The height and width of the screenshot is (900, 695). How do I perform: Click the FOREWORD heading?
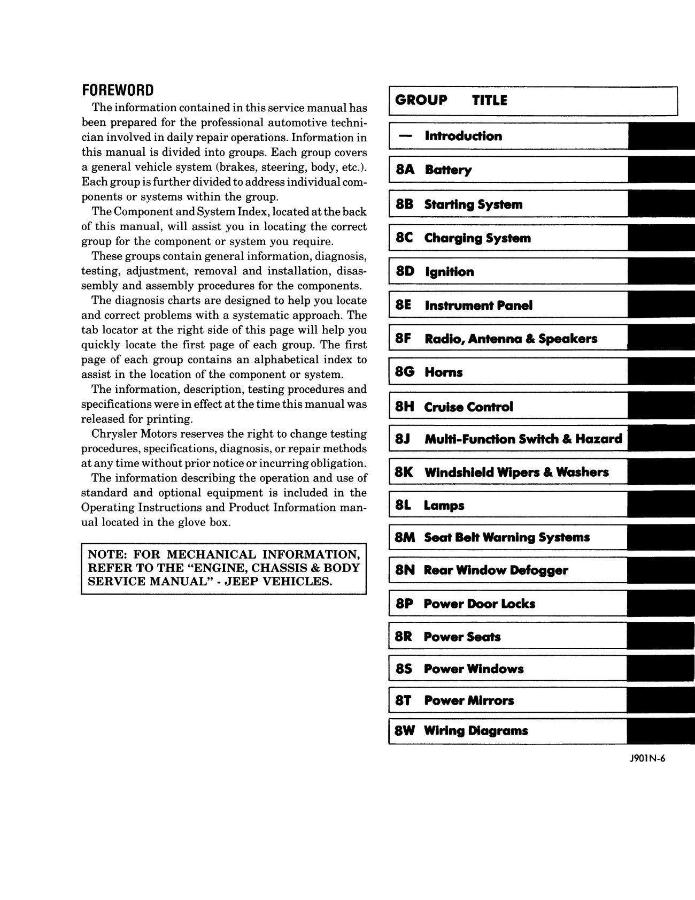[117, 90]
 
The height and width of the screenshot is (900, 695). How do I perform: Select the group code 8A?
[405, 170]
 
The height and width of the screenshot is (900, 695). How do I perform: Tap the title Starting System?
[473, 204]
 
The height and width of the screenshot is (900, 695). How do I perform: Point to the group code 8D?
[405, 272]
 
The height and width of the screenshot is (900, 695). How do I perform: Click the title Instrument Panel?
[478, 306]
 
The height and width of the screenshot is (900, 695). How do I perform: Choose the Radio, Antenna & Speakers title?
[511, 339]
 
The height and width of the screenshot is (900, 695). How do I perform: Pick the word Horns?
[443, 372]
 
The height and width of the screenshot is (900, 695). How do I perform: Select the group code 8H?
[405, 407]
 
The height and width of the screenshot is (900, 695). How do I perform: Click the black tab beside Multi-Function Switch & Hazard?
[661, 439]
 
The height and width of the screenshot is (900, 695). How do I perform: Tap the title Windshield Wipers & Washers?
[516, 472]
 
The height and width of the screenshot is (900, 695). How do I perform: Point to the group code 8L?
[404, 506]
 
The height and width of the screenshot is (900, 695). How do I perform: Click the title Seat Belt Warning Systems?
[506, 538]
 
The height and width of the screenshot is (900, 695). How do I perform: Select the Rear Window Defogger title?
[496, 570]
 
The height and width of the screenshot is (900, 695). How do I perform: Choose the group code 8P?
[405, 604]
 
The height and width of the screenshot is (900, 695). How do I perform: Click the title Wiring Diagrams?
[475, 731]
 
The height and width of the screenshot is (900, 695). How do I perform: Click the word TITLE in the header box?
[489, 100]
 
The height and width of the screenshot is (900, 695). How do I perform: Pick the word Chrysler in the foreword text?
[115, 434]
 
